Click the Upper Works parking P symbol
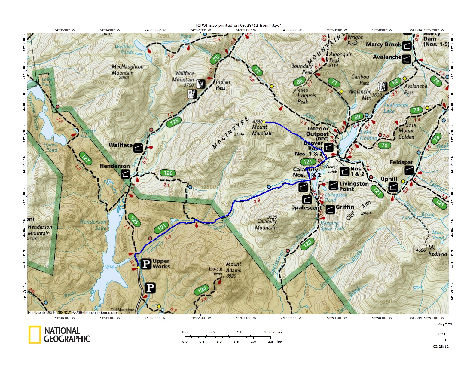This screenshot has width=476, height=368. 146,264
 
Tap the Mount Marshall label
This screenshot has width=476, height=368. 261,130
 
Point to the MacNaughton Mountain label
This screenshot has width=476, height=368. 127,70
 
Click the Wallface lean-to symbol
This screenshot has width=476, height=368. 138,148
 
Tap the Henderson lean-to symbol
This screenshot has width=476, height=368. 125,174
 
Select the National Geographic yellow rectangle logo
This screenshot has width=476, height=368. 35,334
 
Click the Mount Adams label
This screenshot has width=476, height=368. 233,267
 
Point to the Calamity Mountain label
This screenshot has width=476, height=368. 266,225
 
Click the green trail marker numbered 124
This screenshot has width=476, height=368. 202,290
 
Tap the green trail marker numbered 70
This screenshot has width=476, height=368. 384,146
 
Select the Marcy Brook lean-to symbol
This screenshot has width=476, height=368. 407,46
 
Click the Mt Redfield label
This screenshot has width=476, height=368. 437,251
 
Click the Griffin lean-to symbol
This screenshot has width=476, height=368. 330,209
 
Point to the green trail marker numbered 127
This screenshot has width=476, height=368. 86,158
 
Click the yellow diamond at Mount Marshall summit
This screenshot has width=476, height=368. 264,122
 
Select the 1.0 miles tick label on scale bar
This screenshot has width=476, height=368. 240,332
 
